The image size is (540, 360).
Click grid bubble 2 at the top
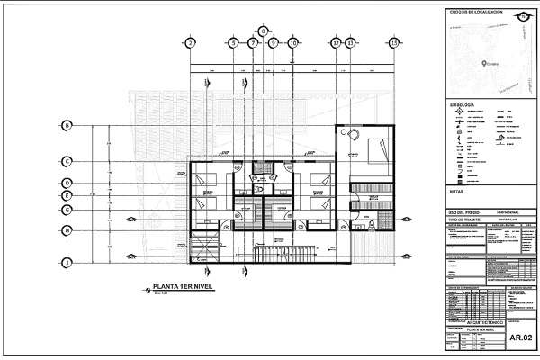[191, 42]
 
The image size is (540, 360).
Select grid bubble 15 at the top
[394, 42]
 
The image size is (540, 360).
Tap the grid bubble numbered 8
[263, 30]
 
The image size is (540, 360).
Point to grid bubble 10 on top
[293, 42]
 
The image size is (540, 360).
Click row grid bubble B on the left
[67, 125]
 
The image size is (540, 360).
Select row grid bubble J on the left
[67, 262]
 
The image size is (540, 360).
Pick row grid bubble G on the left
[67, 210]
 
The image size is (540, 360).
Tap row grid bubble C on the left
[67, 161]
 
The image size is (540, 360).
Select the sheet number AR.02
[520, 337]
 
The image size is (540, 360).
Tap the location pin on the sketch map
[483, 62]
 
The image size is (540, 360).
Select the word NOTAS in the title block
[456, 191]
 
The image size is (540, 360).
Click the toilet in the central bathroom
[260, 191]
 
